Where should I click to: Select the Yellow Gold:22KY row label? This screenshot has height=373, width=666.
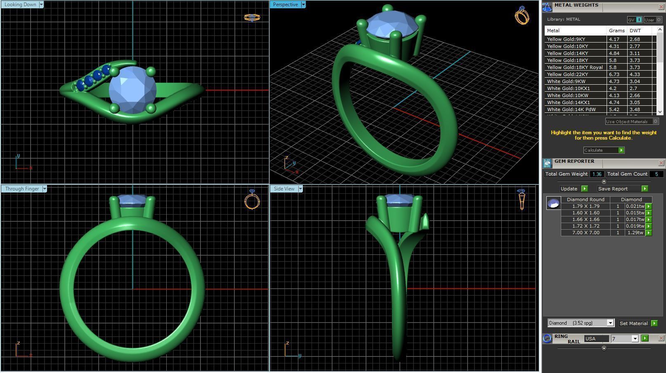click(567, 74)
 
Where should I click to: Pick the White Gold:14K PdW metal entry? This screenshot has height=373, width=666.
click(571, 109)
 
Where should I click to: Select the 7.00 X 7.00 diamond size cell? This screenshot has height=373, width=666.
click(586, 233)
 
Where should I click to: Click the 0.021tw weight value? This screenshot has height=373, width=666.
click(635, 206)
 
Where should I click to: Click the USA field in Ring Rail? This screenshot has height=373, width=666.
click(596, 339)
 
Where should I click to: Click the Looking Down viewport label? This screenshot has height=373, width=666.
click(20, 5)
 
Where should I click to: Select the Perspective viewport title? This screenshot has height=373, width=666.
click(285, 5)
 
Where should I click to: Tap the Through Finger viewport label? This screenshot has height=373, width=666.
click(22, 189)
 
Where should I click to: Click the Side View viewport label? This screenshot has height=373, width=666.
click(284, 189)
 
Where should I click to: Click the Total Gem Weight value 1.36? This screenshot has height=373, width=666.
click(597, 174)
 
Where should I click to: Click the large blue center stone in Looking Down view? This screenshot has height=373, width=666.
click(132, 90)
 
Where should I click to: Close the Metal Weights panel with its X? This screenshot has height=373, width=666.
click(661, 7)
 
